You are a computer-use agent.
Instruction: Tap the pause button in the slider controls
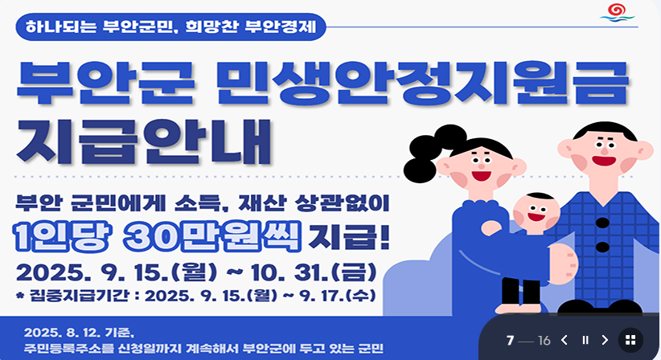point(585,340)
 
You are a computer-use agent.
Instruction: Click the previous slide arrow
point(565,340)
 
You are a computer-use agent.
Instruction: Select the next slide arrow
point(606,340)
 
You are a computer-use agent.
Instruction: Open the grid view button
point(630,340)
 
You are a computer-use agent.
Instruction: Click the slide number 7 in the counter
point(510,340)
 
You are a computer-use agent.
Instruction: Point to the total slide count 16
point(544,340)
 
